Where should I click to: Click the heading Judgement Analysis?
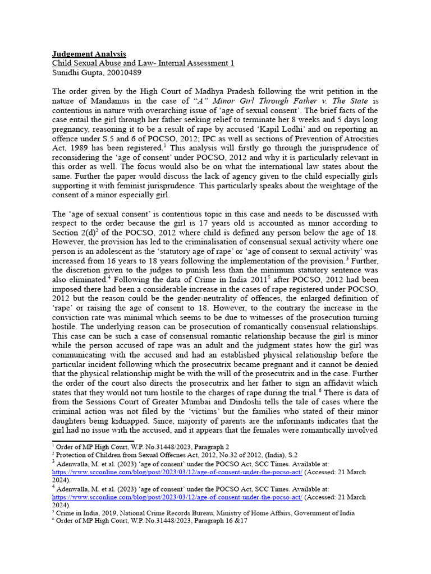[x=89, y=54]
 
